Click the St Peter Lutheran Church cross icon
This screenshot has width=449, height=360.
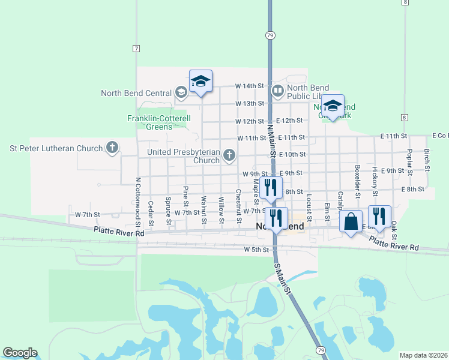coord(112,147)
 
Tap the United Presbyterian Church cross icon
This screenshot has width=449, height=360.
coord(229,156)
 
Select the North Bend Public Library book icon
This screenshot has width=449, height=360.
coord(277,91)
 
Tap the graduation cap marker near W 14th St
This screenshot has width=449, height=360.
coord(200,82)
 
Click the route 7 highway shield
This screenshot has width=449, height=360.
coord(137,48)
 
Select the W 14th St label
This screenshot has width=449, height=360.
coord(250,86)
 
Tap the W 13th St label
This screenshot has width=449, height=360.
coord(250,104)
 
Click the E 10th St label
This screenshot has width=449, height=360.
coord(293,155)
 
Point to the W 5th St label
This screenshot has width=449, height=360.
coord(256,250)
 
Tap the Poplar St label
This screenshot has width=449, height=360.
coord(409,162)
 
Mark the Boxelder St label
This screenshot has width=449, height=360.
coord(357,181)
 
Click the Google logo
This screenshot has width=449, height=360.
coord(20,353)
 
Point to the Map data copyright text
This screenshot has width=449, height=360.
coord(423,355)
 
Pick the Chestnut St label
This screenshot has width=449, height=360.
coord(238,204)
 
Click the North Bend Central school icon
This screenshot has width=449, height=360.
coord(181,92)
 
